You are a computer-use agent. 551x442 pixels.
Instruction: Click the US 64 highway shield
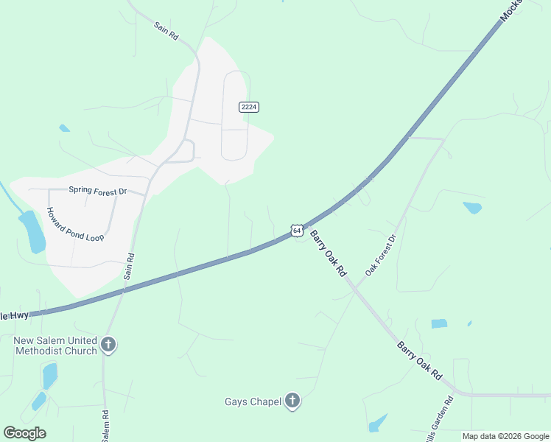point(296,231)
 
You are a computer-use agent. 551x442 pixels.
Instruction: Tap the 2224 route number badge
point(249,107)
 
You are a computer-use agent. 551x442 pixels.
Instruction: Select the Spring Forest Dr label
point(97,191)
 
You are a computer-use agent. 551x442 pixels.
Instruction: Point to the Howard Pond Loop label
point(75,224)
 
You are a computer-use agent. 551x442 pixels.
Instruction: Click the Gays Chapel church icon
point(292,401)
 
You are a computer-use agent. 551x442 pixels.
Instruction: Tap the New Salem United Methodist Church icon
point(108,345)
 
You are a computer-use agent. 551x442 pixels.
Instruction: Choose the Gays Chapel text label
point(253,402)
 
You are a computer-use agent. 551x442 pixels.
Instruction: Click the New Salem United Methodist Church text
point(55,345)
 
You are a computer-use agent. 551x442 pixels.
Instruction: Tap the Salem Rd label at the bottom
point(106,425)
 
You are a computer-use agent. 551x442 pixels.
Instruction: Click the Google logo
point(24,433)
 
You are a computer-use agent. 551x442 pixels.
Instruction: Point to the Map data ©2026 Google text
point(505,436)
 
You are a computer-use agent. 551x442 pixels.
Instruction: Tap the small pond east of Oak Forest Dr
point(472,208)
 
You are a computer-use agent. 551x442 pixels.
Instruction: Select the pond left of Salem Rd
point(49,375)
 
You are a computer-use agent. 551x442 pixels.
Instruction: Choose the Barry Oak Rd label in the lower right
point(419,360)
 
